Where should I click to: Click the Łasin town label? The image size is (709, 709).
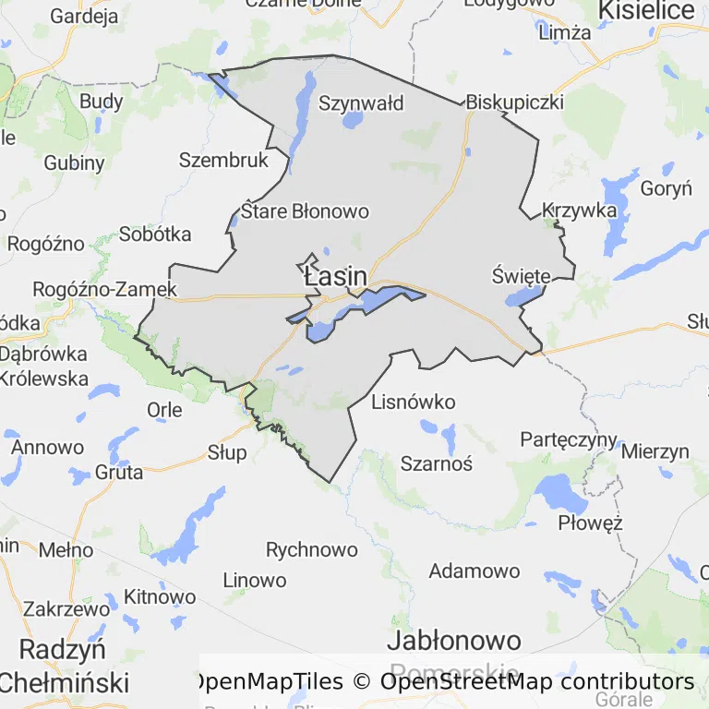pos(334,276)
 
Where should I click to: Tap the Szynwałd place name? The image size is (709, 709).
pos(361,102)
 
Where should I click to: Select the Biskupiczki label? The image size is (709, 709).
pos(514,102)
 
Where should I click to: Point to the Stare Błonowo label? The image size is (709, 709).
pos(305,211)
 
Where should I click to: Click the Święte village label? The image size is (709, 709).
pos(521,276)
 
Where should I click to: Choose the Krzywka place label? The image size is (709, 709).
pos(580,210)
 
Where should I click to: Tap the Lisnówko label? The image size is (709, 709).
pos(414,403)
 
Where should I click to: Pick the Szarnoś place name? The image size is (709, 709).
pos(437,463)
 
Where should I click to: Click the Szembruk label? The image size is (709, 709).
pos(223,160)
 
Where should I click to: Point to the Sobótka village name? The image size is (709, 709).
pos(155,234)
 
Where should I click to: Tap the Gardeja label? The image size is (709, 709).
pos(84,16)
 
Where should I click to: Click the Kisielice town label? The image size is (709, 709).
pos(646,10)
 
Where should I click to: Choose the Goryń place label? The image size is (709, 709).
pos(666,189)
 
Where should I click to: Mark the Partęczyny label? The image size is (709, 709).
pos(569,439)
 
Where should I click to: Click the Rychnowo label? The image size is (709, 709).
pos(311,550)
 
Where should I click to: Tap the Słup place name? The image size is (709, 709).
pos(227,452)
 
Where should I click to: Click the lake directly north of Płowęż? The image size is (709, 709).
pos(559,492)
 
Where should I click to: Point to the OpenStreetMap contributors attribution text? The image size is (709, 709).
pos(537,682)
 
